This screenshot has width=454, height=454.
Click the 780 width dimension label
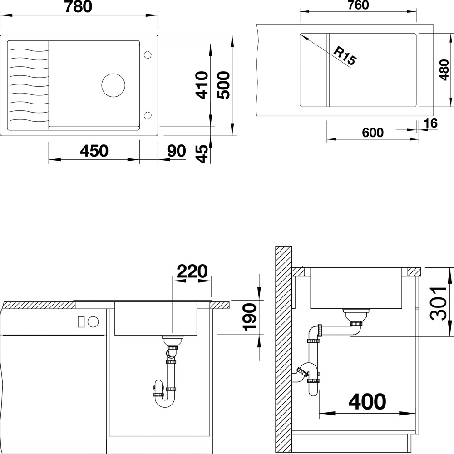point(78,7)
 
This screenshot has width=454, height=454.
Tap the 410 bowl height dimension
point(201,85)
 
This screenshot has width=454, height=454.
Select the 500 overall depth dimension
point(223,85)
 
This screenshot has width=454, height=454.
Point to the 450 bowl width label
point(94,151)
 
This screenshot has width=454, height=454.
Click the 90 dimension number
point(176,151)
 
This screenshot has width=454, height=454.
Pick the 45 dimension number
point(202,154)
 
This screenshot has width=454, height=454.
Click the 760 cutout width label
point(358,5)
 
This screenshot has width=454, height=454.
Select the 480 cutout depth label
point(444,70)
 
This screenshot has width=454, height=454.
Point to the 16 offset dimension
point(430,123)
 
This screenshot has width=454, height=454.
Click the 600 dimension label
point(373,133)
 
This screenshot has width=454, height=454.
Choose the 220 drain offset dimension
point(192,271)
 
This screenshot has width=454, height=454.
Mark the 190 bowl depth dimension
point(250,317)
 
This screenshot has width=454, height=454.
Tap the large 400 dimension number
point(367,402)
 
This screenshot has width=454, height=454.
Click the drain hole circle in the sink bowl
point(113,85)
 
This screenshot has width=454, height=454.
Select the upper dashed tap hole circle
point(148,55)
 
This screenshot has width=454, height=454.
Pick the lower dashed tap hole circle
point(148,115)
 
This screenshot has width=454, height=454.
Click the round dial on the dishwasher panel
point(93,322)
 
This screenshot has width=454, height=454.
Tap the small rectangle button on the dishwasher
point(81,322)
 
